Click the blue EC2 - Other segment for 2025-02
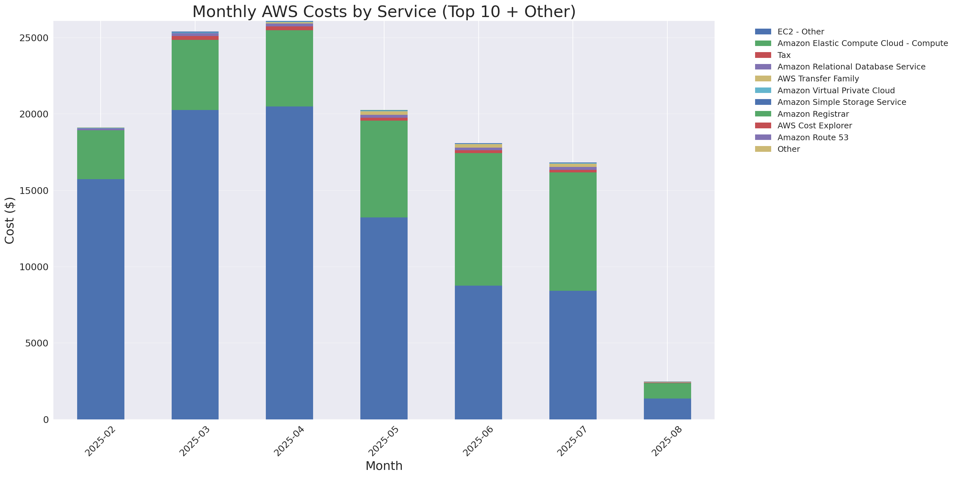101,299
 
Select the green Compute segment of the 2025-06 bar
478,219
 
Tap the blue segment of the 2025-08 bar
667,409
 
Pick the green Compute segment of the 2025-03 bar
195,75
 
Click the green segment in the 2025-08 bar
667,390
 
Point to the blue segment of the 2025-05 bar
384,318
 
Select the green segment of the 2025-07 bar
573,231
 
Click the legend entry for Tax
783,55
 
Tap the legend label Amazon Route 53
812,137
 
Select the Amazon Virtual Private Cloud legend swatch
763,90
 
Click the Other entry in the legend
788,149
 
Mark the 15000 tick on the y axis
34,190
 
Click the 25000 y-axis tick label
34,38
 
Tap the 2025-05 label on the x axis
383,441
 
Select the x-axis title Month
384,465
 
